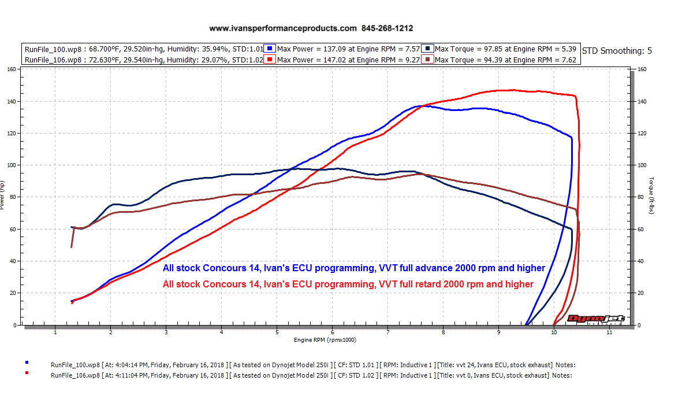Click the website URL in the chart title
point(283,28)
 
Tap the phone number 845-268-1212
point(387,28)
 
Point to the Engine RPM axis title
point(325,340)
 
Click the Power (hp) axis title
point(3,195)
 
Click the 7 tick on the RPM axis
point(388,333)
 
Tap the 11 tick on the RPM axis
point(609,333)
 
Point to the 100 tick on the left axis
point(10,165)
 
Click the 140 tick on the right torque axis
point(641,102)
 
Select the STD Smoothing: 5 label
point(617,51)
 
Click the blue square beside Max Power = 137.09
point(271,49)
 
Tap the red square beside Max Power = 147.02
point(271,59)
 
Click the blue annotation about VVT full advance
point(353,268)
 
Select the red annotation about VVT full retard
point(348,284)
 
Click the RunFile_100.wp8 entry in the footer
point(76,365)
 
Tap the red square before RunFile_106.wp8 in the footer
point(27,374)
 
